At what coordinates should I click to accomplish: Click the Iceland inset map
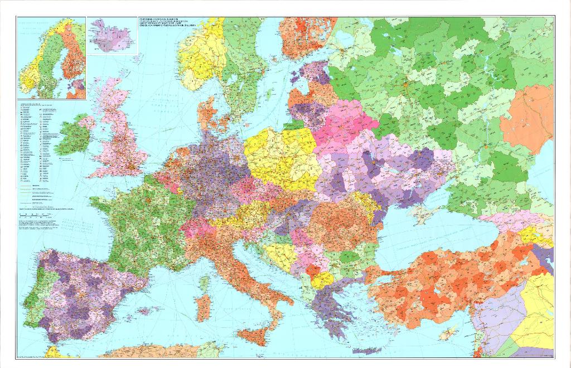112,36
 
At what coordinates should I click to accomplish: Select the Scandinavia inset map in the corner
51,58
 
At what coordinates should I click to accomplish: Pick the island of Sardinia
204,307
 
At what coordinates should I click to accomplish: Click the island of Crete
367,351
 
